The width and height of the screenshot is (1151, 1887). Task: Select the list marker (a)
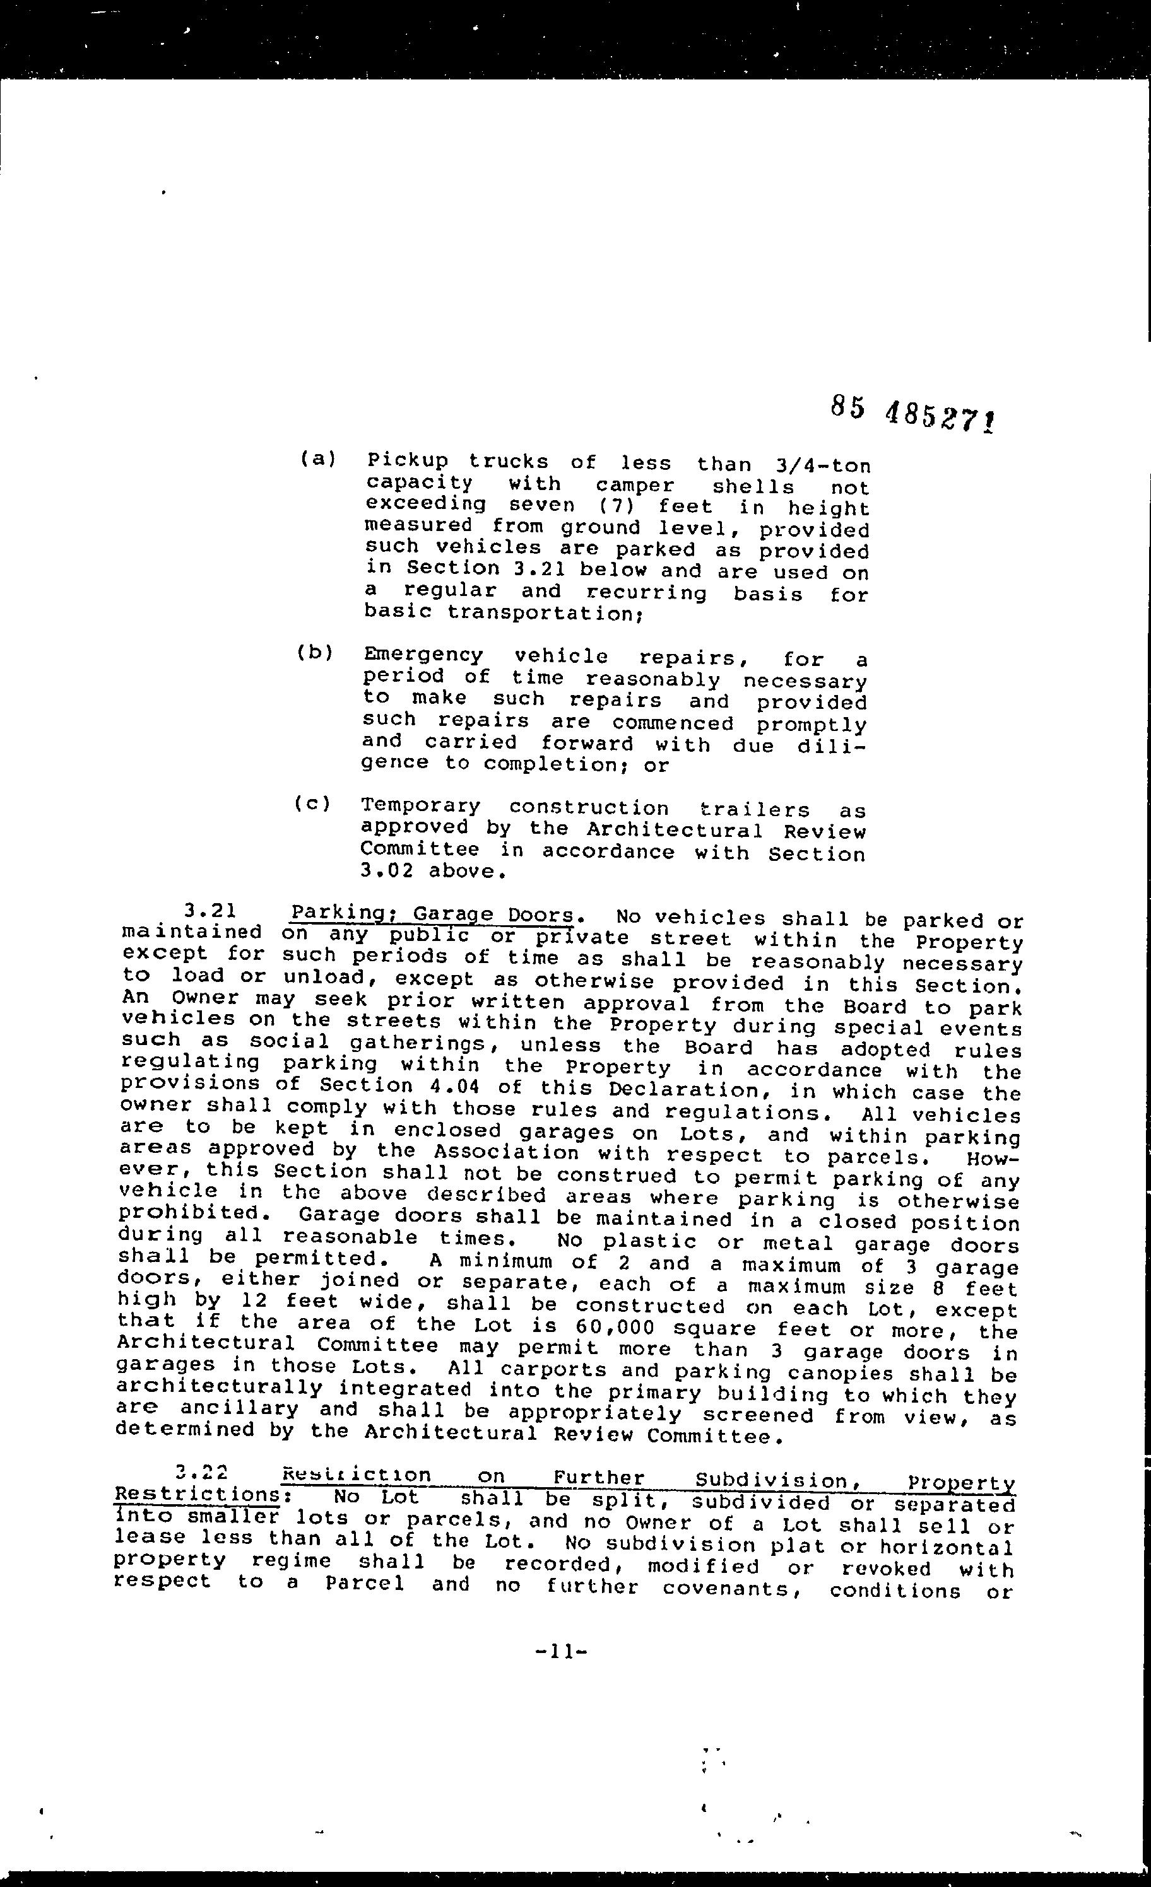pos(317,460)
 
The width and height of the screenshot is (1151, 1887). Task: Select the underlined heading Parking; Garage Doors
pos(432,915)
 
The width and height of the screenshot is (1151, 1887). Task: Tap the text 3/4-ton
pos(817,465)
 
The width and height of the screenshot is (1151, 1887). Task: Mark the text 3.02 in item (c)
pos(386,871)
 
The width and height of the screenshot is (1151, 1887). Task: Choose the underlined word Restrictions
pos(196,1495)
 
